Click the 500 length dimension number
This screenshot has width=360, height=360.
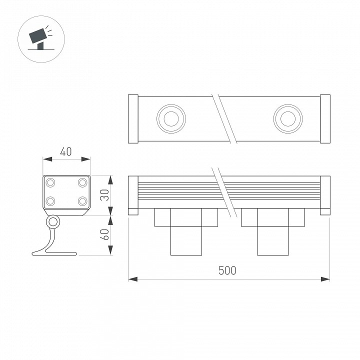coord(227,270)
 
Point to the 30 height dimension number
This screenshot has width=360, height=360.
coord(104,195)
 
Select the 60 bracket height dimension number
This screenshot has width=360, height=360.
coord(104,235)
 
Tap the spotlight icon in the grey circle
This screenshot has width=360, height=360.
coord(40,38)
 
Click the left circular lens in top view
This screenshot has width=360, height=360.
coord(171,119)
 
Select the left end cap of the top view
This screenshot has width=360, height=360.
coord(133,119)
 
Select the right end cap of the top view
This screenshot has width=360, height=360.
coord(325,119)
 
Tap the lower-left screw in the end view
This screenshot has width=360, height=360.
coord(51,201)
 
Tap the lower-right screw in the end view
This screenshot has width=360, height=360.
coord(81,201)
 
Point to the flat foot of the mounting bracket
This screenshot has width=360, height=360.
coord(55,254)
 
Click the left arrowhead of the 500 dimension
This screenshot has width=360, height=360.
coord(131,278)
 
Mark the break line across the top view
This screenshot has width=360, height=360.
coord(223,119)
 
